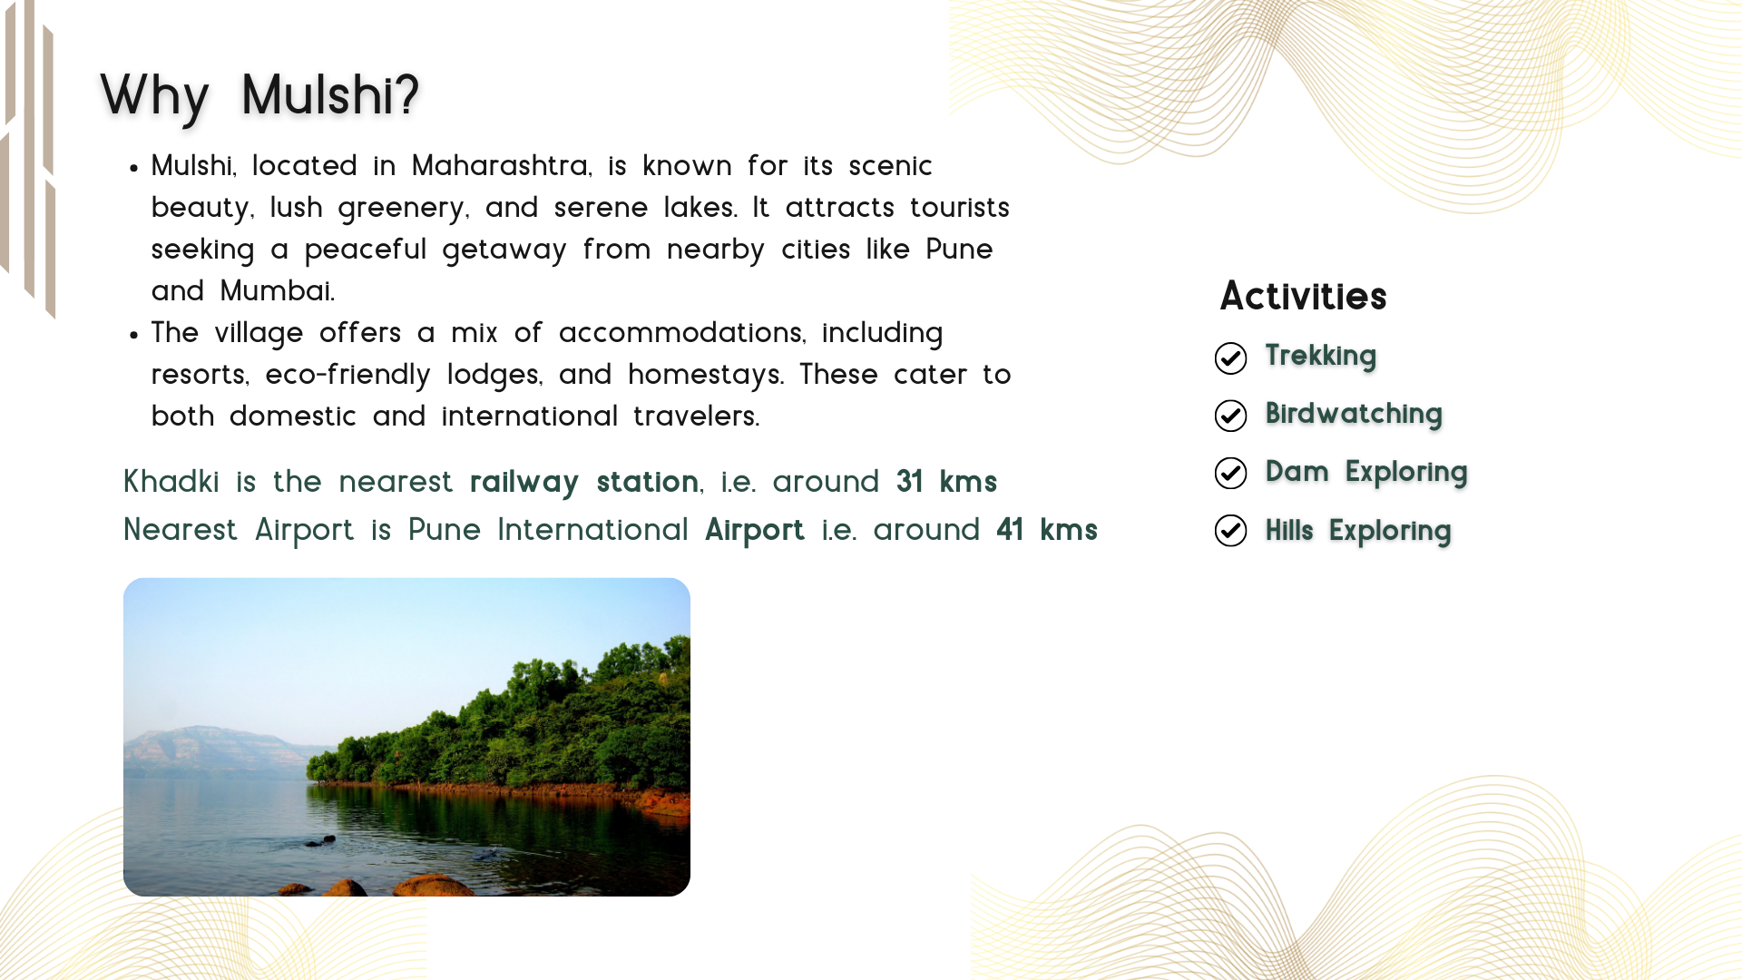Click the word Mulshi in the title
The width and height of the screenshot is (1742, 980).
(330, 94)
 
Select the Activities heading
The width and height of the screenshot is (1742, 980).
(1303, 296)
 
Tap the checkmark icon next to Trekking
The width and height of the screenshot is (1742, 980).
(1230, 358)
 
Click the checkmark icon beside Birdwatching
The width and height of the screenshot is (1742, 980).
(1230, 416)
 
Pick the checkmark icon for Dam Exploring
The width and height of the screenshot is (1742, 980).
(1230, 473)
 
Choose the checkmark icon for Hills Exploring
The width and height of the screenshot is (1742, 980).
(1230, 531)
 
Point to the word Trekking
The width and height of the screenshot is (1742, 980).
(1320, 356)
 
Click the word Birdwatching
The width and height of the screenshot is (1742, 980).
(1353, 414)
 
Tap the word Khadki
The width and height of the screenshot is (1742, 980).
(171, 482)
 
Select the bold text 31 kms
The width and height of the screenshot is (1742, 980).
(946, 482)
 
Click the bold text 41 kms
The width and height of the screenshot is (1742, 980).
(1047, 530)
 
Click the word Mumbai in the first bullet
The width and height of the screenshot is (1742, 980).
(277, 291)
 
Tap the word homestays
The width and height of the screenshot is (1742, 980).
(706, 375)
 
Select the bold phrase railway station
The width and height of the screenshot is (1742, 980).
(584, 482)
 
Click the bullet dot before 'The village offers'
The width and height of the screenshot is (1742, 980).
(133, 335)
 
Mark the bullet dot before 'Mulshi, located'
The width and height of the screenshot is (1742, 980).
(133, 168)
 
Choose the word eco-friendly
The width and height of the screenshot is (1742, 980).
(347, 375)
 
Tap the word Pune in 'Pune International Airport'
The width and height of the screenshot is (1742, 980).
(444, 530)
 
